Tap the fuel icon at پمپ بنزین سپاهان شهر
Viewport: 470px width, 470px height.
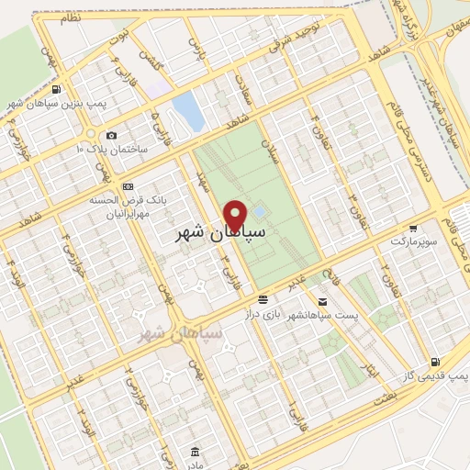58,90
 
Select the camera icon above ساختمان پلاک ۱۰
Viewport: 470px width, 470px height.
111,136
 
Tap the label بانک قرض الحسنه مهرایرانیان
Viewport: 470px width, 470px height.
129,206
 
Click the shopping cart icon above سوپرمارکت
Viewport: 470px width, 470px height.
412,229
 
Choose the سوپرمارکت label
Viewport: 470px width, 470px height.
410,241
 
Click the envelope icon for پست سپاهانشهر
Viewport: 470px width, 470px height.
322,301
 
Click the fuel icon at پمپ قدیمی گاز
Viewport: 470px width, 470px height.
434,363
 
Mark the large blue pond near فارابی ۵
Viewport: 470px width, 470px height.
188,110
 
